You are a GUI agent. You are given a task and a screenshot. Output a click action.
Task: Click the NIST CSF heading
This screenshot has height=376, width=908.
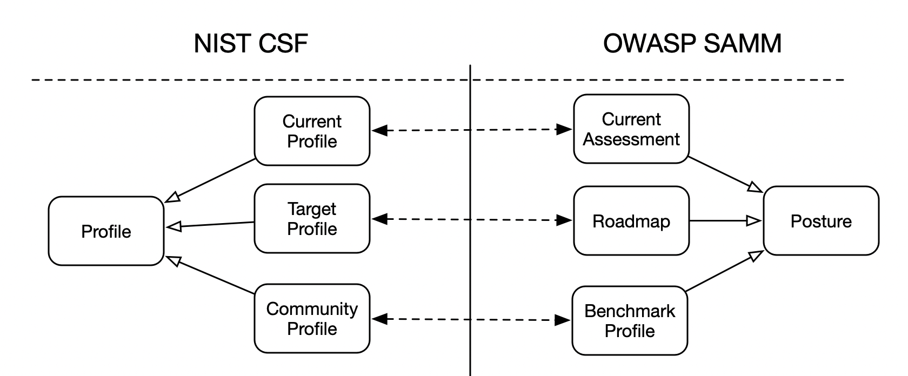[x=250, y=43]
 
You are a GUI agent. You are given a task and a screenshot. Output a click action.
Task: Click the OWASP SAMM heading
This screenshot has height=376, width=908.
[x=692, y=43]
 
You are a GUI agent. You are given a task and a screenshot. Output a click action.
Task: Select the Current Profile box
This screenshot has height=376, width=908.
[x=312, y=131]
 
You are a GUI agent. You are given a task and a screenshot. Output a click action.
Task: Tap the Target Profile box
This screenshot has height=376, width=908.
[x=312, y=219]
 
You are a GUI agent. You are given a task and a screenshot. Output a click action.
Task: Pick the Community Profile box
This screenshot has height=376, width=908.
[x=312, y=319]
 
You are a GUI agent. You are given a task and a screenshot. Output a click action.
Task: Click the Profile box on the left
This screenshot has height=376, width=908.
[x=106, y=231]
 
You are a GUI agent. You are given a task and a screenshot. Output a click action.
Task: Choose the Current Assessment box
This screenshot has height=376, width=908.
[x=631, y=129]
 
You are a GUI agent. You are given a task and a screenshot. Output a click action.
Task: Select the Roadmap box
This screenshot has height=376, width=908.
[x=631, y=221]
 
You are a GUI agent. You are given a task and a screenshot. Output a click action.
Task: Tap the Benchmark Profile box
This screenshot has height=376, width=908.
[x=630, y=321]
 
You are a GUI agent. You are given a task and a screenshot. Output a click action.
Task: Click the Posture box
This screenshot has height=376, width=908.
[x=821, y=221]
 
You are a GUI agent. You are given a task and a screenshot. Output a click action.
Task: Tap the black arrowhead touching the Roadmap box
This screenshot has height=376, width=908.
[x=564, y=220]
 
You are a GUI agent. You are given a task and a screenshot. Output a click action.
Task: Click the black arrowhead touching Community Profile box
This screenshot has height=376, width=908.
[x=380, y=319]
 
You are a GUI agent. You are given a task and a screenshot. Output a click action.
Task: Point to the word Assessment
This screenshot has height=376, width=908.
[x=631, y=139]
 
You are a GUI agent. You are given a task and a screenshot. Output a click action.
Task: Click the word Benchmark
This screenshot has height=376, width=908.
[x=630, y=311]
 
